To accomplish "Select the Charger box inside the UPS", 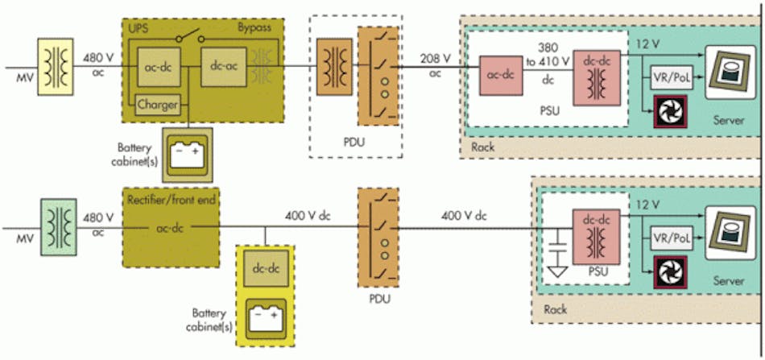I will tap(158, 104).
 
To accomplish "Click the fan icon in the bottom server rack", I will tap(669, 271).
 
